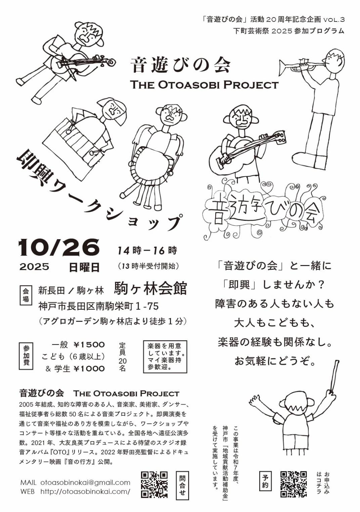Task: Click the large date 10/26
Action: [x=59, y=248]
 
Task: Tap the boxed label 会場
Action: [x=26, y=295]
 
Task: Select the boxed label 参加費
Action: [x=26, y=356]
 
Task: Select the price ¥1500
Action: [x=89, y=345]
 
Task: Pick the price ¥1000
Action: [x=89, y=368]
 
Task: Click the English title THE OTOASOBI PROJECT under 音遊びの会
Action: [x=204, y=85]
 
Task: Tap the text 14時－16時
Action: [x=147, y=251]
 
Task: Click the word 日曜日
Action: [x=84, y=267]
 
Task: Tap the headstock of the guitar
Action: [x=279, y=137]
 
